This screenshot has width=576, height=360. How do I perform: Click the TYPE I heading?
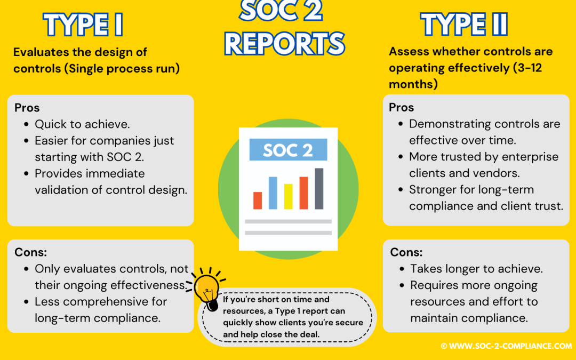pyautogui.click(x=84, y=25)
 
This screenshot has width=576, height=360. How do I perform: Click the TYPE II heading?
pyautogui.click(x=463, y=25)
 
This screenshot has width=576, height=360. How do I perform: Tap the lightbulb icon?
pyautogui.click(x=207, y=291)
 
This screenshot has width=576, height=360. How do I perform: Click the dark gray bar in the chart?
pyautogui.click(x=319, y=188)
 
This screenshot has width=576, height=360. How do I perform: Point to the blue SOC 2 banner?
pyautogui.click(x=288, y=150)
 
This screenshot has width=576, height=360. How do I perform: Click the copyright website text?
pyautogui.click(x=506, y=346)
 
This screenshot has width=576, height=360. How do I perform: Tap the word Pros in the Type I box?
pyautogui.click(x=27, y=108)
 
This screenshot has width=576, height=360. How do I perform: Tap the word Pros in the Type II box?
pyautogui.click(x=401, y=107)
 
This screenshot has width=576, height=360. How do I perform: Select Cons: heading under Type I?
pyautogui.click(x=30, y=252)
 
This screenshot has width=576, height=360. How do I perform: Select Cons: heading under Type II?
pyautogui.click(x=406, y=252)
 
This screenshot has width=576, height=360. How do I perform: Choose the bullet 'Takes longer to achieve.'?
pyautogui.click(x=476, y=269)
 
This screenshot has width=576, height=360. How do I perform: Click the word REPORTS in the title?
pyautogui.click(x=285, y=44)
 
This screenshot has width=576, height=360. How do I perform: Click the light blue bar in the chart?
pyautogui.click(x=273, y=193)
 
